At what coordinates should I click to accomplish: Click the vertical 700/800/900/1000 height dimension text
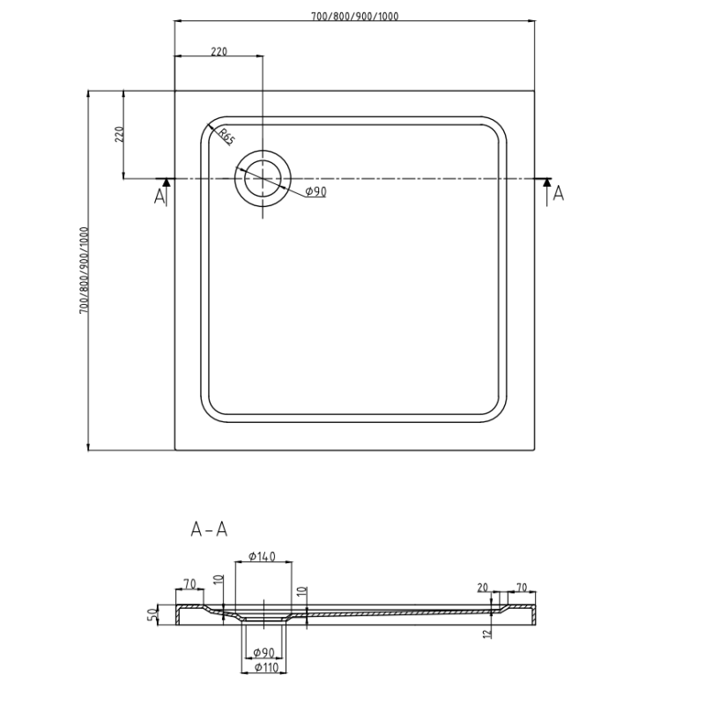coord(84,271)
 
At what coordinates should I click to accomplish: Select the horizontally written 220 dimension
coord(219,52)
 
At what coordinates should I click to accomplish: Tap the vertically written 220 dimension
coord(120,134)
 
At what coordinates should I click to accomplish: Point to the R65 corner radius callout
coord(225,137)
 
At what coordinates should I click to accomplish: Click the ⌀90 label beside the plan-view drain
coord(315,192)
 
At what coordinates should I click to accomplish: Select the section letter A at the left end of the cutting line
coord(160,196)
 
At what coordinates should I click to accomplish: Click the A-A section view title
coord(210,529)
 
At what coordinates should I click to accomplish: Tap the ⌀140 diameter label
coord(263,556)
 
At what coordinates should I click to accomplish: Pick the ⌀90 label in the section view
coord(264,652)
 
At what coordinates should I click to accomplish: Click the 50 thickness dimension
coord(151,613)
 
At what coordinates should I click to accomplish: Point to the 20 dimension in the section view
coord(482,588)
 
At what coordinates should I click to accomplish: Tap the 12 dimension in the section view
coord(486,632)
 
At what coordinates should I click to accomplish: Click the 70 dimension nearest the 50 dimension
coord(189,583)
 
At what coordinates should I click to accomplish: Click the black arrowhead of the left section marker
coord(164,182)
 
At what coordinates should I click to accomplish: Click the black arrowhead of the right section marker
coord(547,182)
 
